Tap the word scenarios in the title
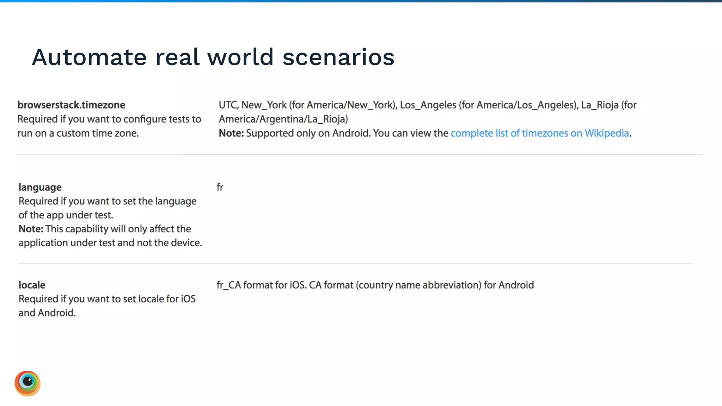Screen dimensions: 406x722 tap(338, 57)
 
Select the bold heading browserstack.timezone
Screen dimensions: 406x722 tap(71, 105)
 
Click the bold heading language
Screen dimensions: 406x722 tap(40, 187)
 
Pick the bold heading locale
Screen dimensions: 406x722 tap(32, 285)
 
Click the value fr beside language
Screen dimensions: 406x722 tap(220, 187)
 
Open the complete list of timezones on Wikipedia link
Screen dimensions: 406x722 tap(539, 133)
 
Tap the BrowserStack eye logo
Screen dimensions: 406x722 tap(27, 383)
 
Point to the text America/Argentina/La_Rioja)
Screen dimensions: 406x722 tap(283, 119)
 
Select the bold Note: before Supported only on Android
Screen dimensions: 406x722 tap(231, 133)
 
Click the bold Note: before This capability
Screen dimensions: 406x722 tap(31, 229)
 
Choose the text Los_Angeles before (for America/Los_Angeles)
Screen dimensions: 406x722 tap(428, 105)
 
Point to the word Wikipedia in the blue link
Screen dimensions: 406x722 tap(607, 133)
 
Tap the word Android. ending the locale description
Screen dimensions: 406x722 tap(56, 313)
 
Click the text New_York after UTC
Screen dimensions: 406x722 tap(264, 105)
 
